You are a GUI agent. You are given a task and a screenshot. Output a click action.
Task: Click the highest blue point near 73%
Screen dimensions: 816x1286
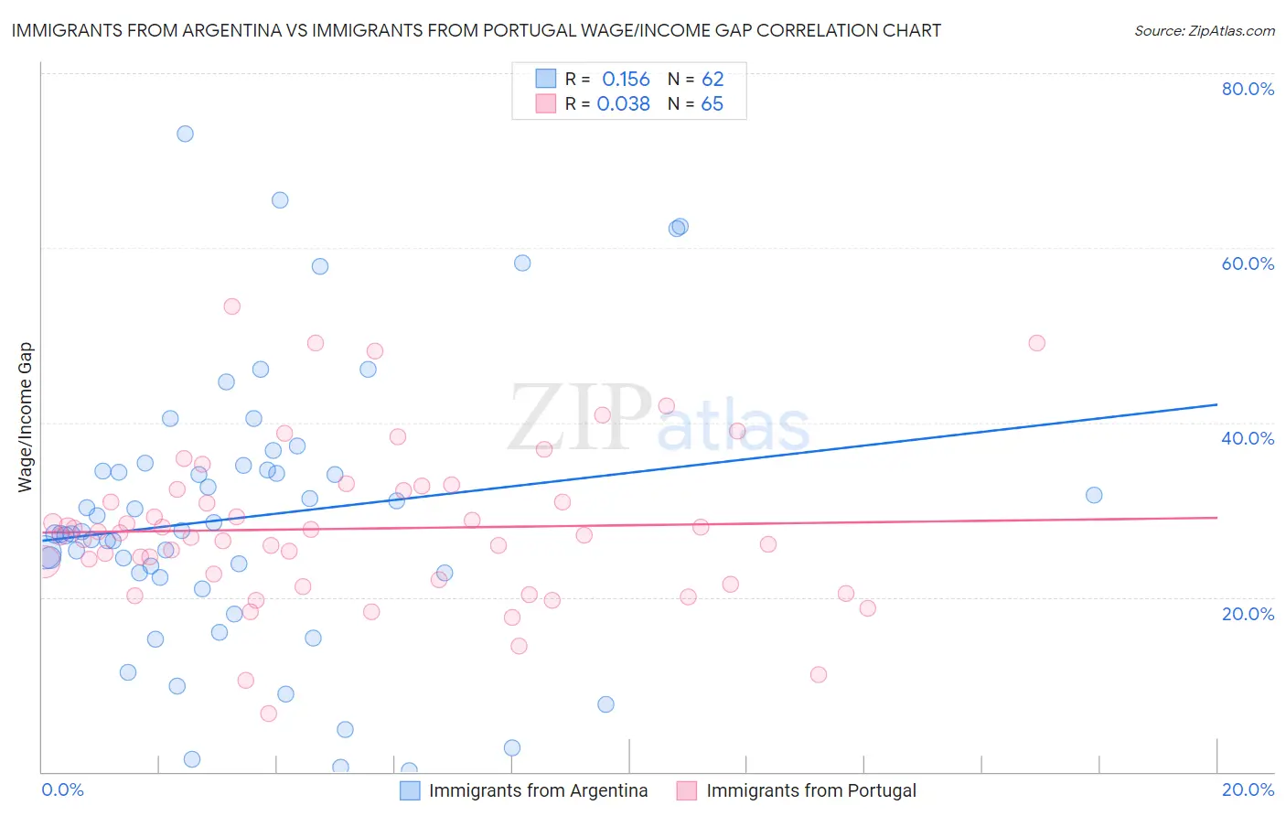(185, 134)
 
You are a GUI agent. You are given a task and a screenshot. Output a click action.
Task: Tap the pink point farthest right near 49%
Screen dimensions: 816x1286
(1036, 343)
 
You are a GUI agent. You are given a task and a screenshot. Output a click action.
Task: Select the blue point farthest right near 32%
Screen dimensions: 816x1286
(1094, 495)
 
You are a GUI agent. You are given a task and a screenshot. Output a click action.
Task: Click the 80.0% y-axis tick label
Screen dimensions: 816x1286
(1248, 89)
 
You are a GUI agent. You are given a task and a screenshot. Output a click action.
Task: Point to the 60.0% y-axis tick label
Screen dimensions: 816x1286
(1248, 263)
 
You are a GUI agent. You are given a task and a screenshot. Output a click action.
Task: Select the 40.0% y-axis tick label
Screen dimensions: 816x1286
(1248, 438)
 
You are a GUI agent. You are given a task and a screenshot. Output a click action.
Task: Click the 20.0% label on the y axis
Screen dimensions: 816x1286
(1248, 614)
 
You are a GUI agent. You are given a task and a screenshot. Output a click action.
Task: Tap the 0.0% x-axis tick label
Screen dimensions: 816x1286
(62, 789)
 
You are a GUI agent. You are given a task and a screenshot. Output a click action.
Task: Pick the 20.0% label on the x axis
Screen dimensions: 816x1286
(1248, 789)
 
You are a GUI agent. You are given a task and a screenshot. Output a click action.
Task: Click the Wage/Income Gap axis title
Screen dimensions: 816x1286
(26, 417)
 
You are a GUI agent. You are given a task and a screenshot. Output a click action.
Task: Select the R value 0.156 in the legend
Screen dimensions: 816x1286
(626, 80)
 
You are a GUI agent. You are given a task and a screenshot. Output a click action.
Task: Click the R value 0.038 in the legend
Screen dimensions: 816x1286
(623, 104)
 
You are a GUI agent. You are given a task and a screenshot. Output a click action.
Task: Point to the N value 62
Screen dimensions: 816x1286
(713, 80)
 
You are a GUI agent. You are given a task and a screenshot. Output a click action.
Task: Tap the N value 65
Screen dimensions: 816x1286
(712, 104)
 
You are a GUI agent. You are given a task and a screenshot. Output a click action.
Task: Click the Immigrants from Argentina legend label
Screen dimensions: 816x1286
(538, 790)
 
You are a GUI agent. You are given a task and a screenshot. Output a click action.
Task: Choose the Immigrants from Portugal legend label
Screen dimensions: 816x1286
(810, 790)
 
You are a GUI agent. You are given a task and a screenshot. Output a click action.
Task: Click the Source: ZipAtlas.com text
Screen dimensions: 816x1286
(1204, 31)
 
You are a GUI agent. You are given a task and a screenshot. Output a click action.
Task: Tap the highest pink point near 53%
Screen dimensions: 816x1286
(231, 306)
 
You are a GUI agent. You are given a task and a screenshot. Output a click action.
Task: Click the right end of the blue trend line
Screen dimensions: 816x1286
(1216, 404)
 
